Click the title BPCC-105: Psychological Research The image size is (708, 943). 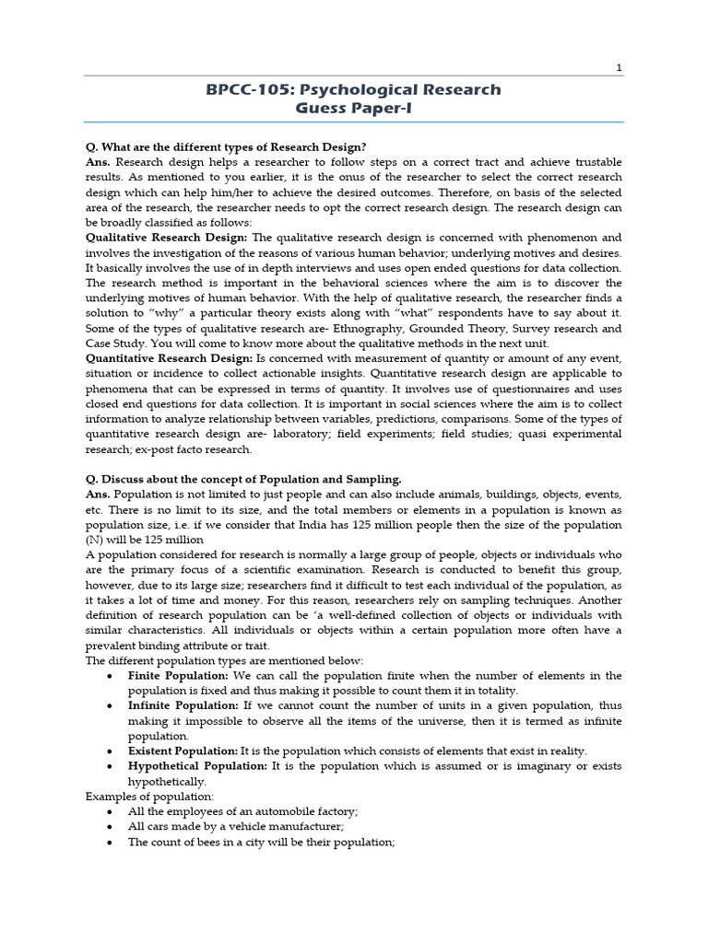(x=353, y=89)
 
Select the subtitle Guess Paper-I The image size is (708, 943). (x=353, y=108)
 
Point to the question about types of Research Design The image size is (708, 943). (x=225, y=147)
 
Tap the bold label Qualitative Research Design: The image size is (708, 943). (x=159, y=238)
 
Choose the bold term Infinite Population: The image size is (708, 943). (x=183, y=705)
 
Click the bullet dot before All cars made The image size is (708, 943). (x=110, y=826)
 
